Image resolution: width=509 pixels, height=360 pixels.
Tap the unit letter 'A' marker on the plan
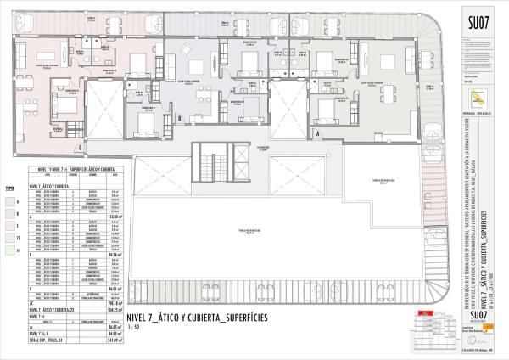pos(317,133)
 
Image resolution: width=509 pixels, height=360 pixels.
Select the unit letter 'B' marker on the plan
pos(179,118)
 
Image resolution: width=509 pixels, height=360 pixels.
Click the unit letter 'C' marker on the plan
pos(80,147)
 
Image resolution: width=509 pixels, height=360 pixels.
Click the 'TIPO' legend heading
pos(10,184)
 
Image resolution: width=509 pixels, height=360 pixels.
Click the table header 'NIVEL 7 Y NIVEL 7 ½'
pos(51,169)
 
